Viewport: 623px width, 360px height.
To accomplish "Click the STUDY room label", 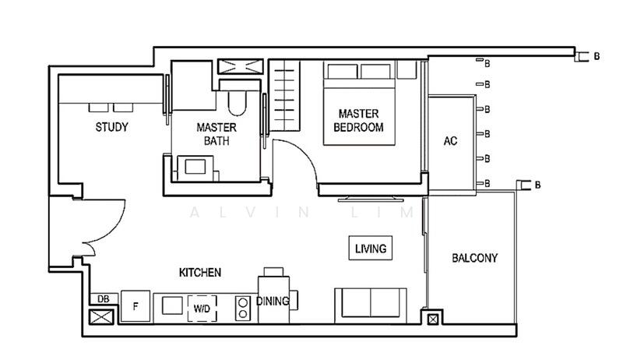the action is pos(111,127).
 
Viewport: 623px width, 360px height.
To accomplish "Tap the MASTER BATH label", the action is pos(216,134).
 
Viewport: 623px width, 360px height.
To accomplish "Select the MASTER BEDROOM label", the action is pos(358,121).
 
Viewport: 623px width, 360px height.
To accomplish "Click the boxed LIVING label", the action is pos(371,249).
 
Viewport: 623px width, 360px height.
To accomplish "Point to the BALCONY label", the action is pos(475,258).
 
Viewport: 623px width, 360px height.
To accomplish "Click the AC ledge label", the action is pos(451,141).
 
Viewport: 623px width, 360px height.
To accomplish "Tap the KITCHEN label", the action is pos(200,273).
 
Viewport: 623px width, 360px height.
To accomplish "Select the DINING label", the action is pos(273,302).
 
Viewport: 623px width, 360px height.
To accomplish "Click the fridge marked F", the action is pos(136,306).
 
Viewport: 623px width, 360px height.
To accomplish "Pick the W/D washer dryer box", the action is pos(202,309).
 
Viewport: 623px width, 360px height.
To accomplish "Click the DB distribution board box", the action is pos(104,298).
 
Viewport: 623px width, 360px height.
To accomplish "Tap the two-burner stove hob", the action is pos(242,309).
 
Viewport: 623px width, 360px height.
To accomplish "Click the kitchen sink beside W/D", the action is pos(172,306).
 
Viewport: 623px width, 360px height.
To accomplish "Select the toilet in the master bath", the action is pos(238,99).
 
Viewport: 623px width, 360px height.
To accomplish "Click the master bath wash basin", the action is pos(195,168).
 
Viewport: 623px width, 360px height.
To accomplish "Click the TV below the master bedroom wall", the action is pos(371,199).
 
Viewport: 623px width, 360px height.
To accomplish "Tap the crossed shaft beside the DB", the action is pos(101,317).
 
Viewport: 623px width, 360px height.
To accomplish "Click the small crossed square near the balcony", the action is pos(433,319).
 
